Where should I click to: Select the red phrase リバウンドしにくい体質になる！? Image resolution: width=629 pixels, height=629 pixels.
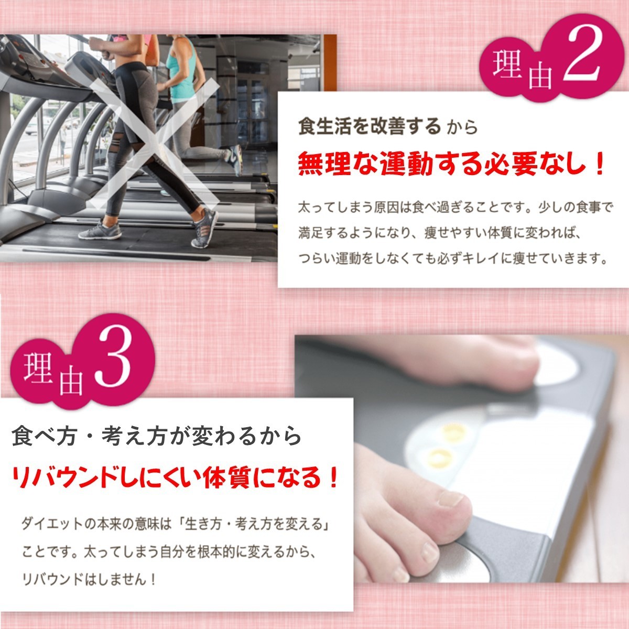click(175, 478)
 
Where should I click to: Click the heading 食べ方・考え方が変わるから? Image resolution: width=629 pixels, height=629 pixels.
click(156, 437)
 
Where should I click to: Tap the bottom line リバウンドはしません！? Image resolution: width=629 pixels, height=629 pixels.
click(88, 579)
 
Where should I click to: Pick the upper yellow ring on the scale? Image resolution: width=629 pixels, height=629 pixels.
click(454, 432)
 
